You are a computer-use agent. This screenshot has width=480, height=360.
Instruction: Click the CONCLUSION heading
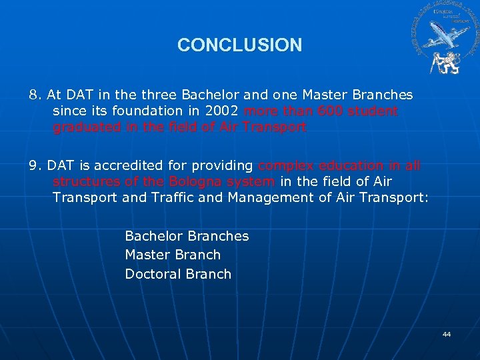point(239,45)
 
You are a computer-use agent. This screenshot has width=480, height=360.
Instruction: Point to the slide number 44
point(447,334)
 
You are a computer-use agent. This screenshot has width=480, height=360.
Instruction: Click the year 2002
point(221,111)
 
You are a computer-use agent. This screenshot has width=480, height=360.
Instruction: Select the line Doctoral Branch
point(178,274)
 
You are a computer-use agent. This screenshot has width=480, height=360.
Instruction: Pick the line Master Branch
point(173,255)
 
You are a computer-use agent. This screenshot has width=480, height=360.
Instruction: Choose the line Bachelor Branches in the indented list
point(187,236)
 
